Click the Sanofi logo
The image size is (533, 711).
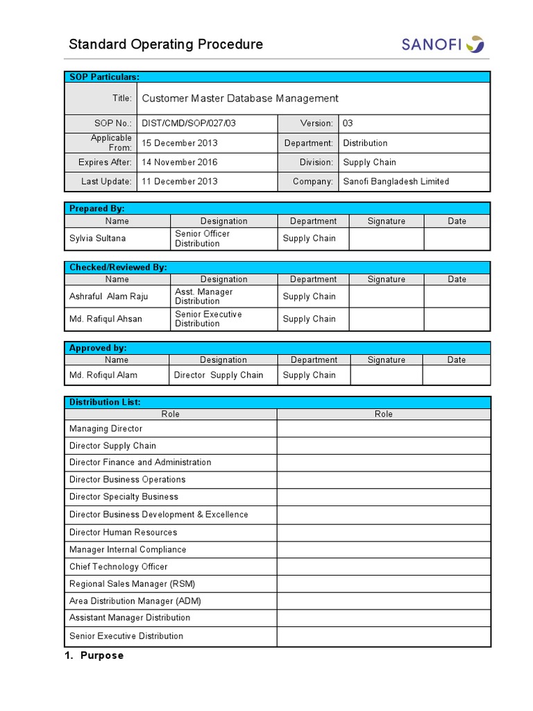pyautogui.click(x=442, y=44)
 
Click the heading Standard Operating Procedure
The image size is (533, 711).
pyautogui.click(x=166, y=44)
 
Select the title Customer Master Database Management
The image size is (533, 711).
pyautogui.click(x=240, y=99)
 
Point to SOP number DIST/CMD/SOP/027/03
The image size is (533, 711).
pyautogui.click(x=189, y=124)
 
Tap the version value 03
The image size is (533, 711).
pyautogui.click(x=348, y=124)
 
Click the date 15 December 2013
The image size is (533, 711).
pyautogui.click(x=180, y=143)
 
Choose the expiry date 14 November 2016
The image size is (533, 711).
pyautogui.click(x=180, y=162)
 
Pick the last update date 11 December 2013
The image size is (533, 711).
pyautogui.click(x=180, y=182)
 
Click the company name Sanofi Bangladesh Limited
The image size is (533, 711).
pyautogui.click(x=396, y=182)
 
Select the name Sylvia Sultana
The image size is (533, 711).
pyautogui.click(x=98, y=239)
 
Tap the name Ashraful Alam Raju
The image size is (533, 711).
pyautogui.click(x=109, y=296)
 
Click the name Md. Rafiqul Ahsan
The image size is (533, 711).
pyautogui.click(x=105, y=319)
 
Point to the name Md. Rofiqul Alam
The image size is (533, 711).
pyautogui.click(x=103, y=376)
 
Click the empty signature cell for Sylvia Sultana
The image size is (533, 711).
pyautogui.click(x=386, y=239)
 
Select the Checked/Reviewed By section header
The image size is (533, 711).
pyautogui.click(x=118, y=267)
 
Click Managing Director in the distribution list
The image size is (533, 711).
pyautogui.click(x=105, y=429)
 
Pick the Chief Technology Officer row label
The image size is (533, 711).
pyautogui.click(x=118, y=567)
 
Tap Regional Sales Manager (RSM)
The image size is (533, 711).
pyautogui.click(x=132, y=584)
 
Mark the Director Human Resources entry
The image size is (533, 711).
pyautogui.click(x=123, y=533)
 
